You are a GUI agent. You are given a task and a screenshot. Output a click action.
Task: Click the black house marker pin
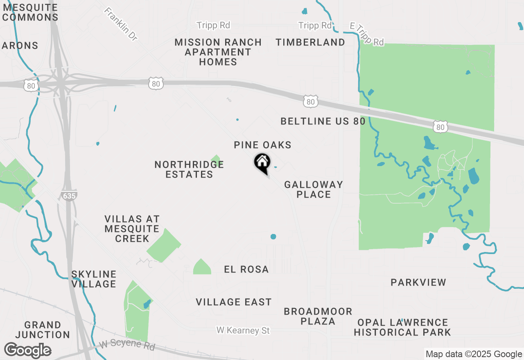tap(262, 163)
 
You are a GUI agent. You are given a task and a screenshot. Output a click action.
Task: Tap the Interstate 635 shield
tap(70, 196)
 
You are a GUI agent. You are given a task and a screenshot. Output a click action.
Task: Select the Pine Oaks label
tap(262, 145)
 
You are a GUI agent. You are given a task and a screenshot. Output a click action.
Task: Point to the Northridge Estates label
tap(189, 169)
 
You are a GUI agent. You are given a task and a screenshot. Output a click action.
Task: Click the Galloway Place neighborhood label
tap(314, 189)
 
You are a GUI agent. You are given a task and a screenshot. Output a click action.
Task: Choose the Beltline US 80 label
tap(323, 121)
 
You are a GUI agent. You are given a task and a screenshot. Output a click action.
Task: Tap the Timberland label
tap(310, 42)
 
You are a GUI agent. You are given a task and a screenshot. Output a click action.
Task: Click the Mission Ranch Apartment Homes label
tap(218, 52)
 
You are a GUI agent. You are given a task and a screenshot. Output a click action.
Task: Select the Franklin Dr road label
tap(121, 24)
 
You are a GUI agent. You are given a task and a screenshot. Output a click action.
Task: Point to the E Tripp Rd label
tap(367, 34)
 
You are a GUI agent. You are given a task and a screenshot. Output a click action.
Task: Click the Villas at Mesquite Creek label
tap(132, 229)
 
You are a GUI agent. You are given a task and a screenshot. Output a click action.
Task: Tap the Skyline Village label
tap(94, 279)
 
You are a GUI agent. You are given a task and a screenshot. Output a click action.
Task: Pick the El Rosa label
tap(246, 269)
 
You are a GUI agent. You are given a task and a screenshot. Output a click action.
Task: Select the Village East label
tap(234, 302)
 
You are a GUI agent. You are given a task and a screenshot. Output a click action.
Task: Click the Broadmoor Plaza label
tap(318, 316)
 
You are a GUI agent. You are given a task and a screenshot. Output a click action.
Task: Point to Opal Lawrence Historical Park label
tap(402, 327)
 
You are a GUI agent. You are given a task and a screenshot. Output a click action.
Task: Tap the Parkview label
tap(418, 282)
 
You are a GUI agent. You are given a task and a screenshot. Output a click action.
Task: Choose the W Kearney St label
tap(243, 330)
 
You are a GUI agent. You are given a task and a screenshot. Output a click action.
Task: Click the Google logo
tap(28, 351)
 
